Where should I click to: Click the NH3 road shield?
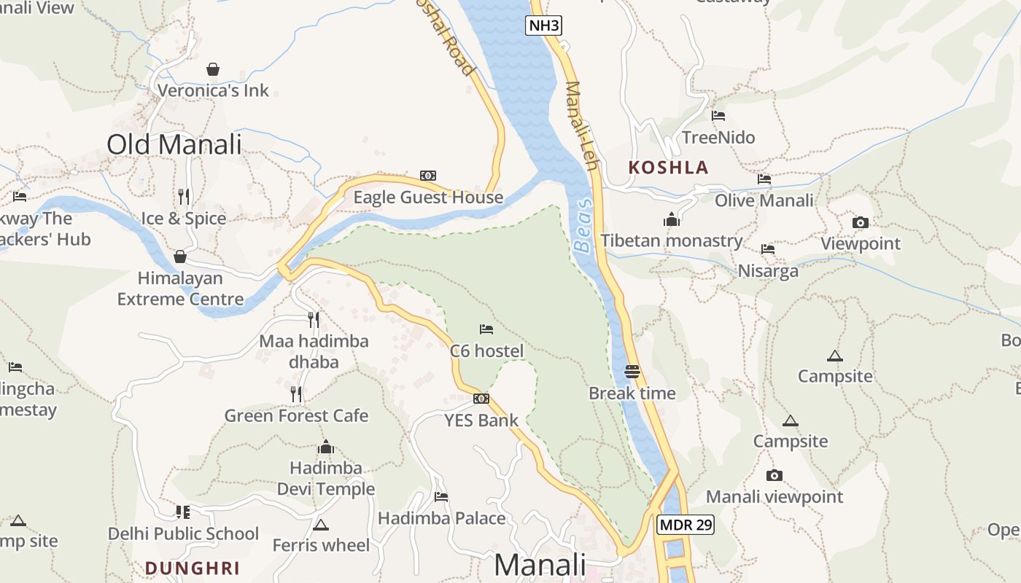(x=544, y=26)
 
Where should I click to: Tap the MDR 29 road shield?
(x=685, y=525)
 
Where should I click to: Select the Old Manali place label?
(x=174, y=144)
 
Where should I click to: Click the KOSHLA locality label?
(x=669, y=168)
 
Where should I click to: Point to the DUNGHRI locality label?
(x=192, y=568)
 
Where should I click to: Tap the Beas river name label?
(x=583, y=226)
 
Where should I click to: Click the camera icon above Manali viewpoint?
(x=775, y=476)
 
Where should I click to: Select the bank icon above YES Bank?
(x=481, y=399)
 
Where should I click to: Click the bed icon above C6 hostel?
(x=486, y=329)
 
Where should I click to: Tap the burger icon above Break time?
(x=632, y=371)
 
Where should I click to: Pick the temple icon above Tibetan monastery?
(x=672, y=219)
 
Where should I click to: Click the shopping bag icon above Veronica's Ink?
(x=213, y=69)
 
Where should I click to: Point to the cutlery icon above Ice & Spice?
(x=184, y=196)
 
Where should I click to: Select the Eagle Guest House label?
(x=428, y=197)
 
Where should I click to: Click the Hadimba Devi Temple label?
(x=326, y=478)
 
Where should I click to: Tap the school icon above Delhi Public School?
(x=183, y=512)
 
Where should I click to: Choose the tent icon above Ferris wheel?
(x=321, y=525)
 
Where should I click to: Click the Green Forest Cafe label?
(x=296, y=416)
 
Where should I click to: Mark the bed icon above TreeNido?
(x=718, y=115)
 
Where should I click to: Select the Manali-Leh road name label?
(x=581, y=126)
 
